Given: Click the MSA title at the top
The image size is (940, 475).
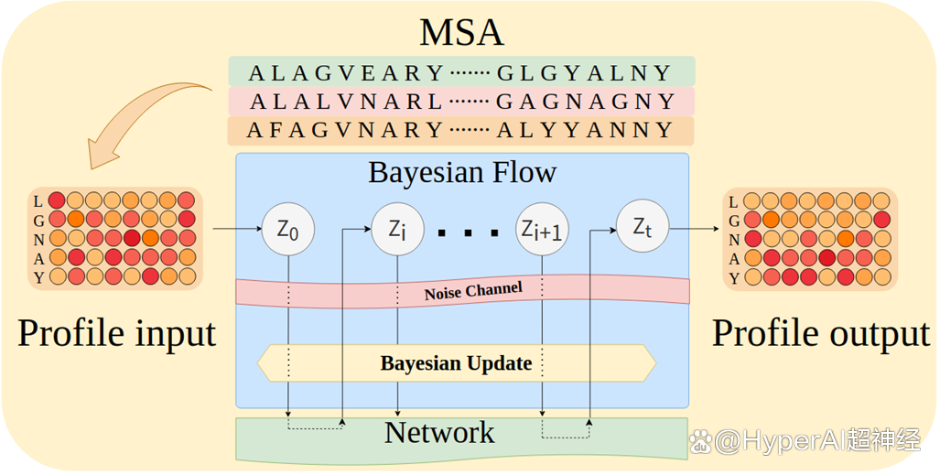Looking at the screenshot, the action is coord(461,32).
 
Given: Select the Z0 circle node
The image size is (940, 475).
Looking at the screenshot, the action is coord(288,230).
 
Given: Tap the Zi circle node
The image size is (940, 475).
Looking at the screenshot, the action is coord(398,230).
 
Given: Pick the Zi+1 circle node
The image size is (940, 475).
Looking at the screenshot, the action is coord(542,230).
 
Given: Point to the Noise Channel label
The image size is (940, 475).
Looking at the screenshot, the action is coord(473,291).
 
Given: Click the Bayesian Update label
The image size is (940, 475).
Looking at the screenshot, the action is coord(456,363).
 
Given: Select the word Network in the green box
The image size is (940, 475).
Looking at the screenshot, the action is coord(439,432).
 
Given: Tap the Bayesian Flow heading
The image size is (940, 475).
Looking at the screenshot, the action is coord(462,173).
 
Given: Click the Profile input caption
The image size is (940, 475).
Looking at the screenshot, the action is coord(117,333).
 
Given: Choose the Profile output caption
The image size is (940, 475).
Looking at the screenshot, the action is coord(821,333).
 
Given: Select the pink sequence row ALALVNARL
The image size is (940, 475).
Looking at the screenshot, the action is coord(461,102).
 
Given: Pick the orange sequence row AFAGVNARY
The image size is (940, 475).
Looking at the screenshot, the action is coord(461,131).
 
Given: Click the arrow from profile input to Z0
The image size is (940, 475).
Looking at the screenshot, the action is coord(237,229).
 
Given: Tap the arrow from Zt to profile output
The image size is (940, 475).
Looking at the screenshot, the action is coord(694,229).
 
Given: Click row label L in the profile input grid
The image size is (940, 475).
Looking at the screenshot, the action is coord(38,201).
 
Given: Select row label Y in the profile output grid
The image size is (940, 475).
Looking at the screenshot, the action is coord(733,277).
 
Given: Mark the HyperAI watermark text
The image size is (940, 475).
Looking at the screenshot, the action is coord(805,443).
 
